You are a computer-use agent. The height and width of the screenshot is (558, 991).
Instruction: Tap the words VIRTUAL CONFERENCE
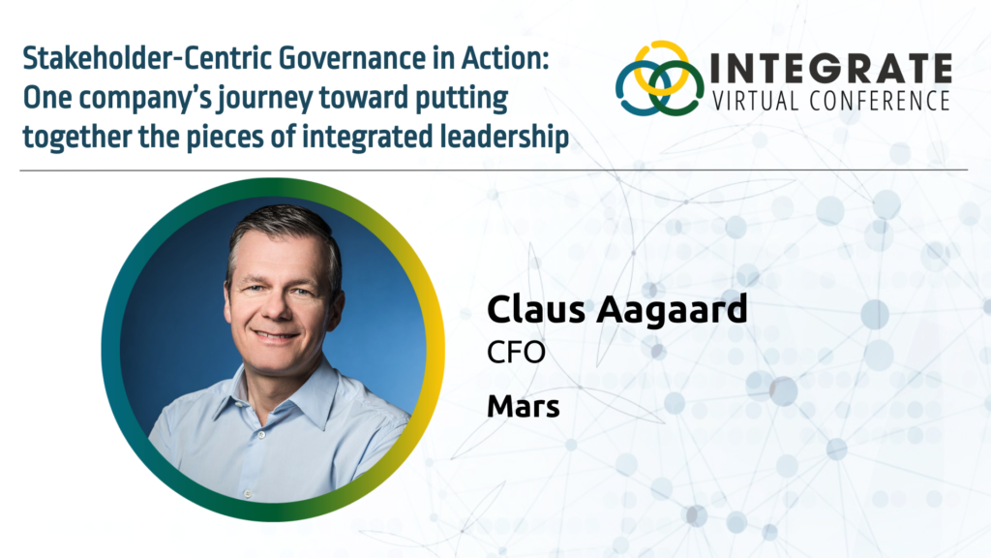(x=830, y=100)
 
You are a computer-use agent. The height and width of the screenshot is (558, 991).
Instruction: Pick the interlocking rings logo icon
(x=659, y=78)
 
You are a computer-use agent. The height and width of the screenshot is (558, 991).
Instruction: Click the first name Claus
(x=532, y=310)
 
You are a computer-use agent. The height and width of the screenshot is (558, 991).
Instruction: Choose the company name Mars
(x=523, y=406)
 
